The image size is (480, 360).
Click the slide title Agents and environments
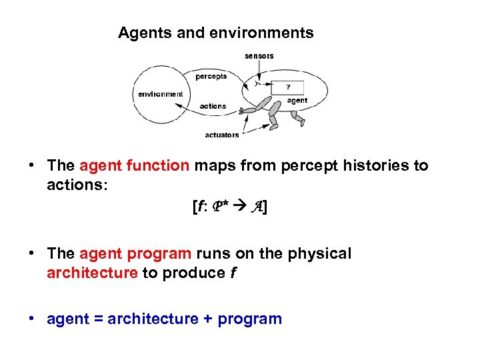click(x=215, y=33)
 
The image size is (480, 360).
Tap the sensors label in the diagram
click(x=259, y=56)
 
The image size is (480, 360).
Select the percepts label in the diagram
click(x=211, y=77)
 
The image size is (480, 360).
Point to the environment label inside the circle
click(x=161, y=94)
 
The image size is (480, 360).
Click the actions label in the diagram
click(x=213, y=106)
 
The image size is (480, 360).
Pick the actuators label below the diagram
click(x=221, y=135)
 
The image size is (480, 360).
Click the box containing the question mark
click(x=288, y=87)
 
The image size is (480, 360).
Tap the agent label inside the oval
click(x=297, y=101)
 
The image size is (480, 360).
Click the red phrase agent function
click(x=134, y=165)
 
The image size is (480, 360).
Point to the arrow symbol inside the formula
click(x=237, y=208)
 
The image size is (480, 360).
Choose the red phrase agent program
click(x=135, y=254)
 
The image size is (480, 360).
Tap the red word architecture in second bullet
click(x=92, y=273)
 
